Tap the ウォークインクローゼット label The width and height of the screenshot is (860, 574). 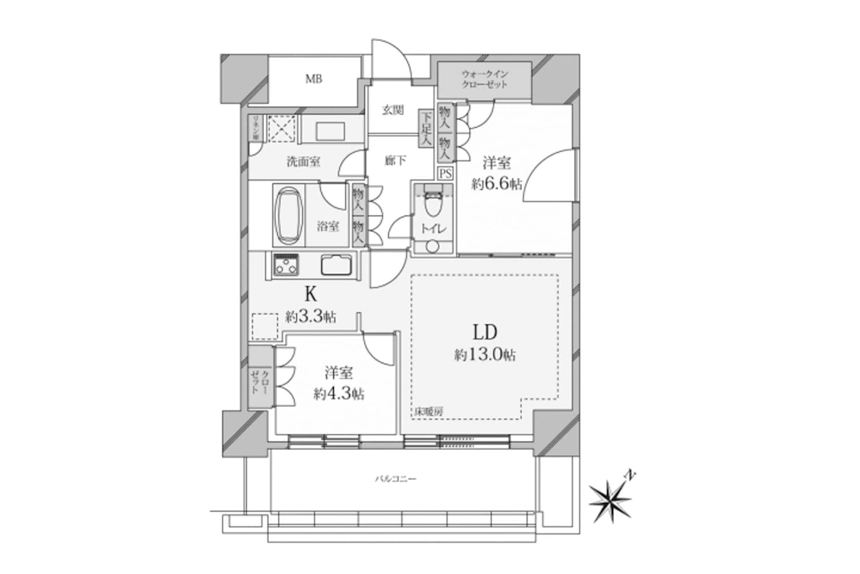pyautogui.click(x=485, y=79)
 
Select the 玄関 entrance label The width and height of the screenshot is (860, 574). pyautogui.click(x=393, y=110)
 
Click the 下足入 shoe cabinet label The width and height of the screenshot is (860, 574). pyautogui.click(x=426, y=128)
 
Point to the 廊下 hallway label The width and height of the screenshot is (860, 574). pyautogui.click(x=396, y=161)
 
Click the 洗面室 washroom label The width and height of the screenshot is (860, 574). pyautogui.click(x=303, y=162)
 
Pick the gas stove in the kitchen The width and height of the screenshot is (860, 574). pyautogui.click(x=286, y=265)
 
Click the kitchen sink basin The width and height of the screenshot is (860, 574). pyautogui.click(x=336, y=265)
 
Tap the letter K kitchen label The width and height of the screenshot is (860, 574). pyautogui.click(x=311, y=295)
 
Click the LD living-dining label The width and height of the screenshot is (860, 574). pyautogui.click(x=485, y=332)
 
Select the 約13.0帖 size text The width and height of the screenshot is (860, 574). pyautogui.click(x=485, y=356)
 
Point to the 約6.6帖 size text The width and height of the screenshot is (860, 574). pyautogui.click(x=497, y=184)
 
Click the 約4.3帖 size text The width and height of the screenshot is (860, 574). pyautogui.click(x=339, y=394)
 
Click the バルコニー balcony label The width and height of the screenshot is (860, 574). pyautogui.click(x=396, y=479)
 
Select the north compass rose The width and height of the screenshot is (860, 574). pyautogui.click(x=610, y=500)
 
